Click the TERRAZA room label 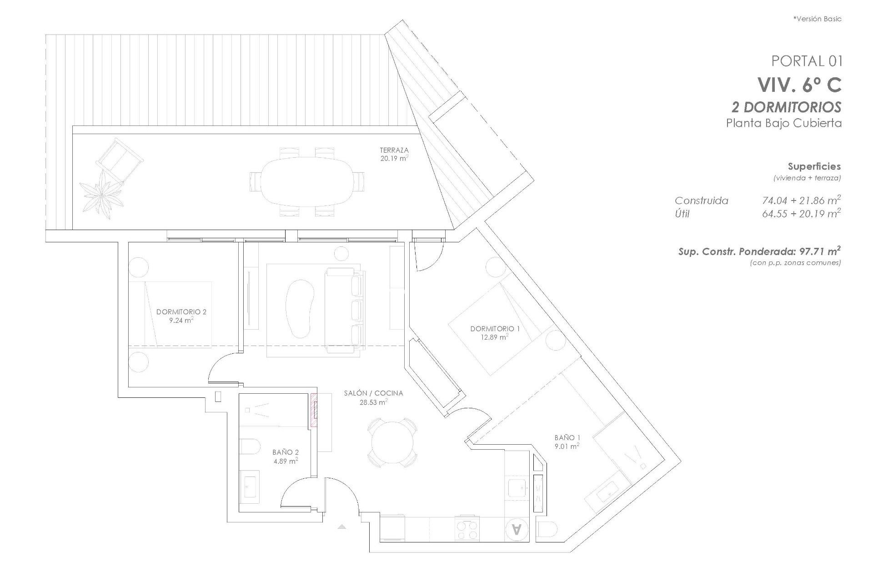point(394,150)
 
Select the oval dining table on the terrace point(307,182)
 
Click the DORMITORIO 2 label point(181,312)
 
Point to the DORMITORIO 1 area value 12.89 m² point(495,337)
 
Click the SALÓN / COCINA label point(373,393)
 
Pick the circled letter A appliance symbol point(517,529)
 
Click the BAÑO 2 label point(285,452)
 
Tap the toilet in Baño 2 point(248,447)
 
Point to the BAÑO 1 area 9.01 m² point(567,447)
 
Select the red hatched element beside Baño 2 point(314,410)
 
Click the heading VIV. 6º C point(799,85)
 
